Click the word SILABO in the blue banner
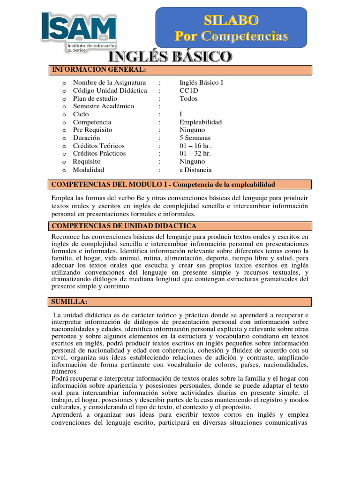tap(231, 20)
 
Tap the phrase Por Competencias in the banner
tap(231, 36)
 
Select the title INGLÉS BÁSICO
tap(171, 57)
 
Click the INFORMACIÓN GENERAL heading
tap(99, 70)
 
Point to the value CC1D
tap(189, 90)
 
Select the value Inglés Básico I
tap(202, 82)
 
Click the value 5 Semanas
tap(195, 138)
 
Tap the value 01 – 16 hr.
tap(195, 146)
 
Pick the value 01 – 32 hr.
tap(195, 154)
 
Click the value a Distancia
tap(195, 170)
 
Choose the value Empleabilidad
tap(201, 122)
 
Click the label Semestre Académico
tap(103, 106)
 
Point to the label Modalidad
tap(88, 170)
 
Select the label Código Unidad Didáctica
tap(110, 90)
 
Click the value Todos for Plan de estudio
tap(188, 98)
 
